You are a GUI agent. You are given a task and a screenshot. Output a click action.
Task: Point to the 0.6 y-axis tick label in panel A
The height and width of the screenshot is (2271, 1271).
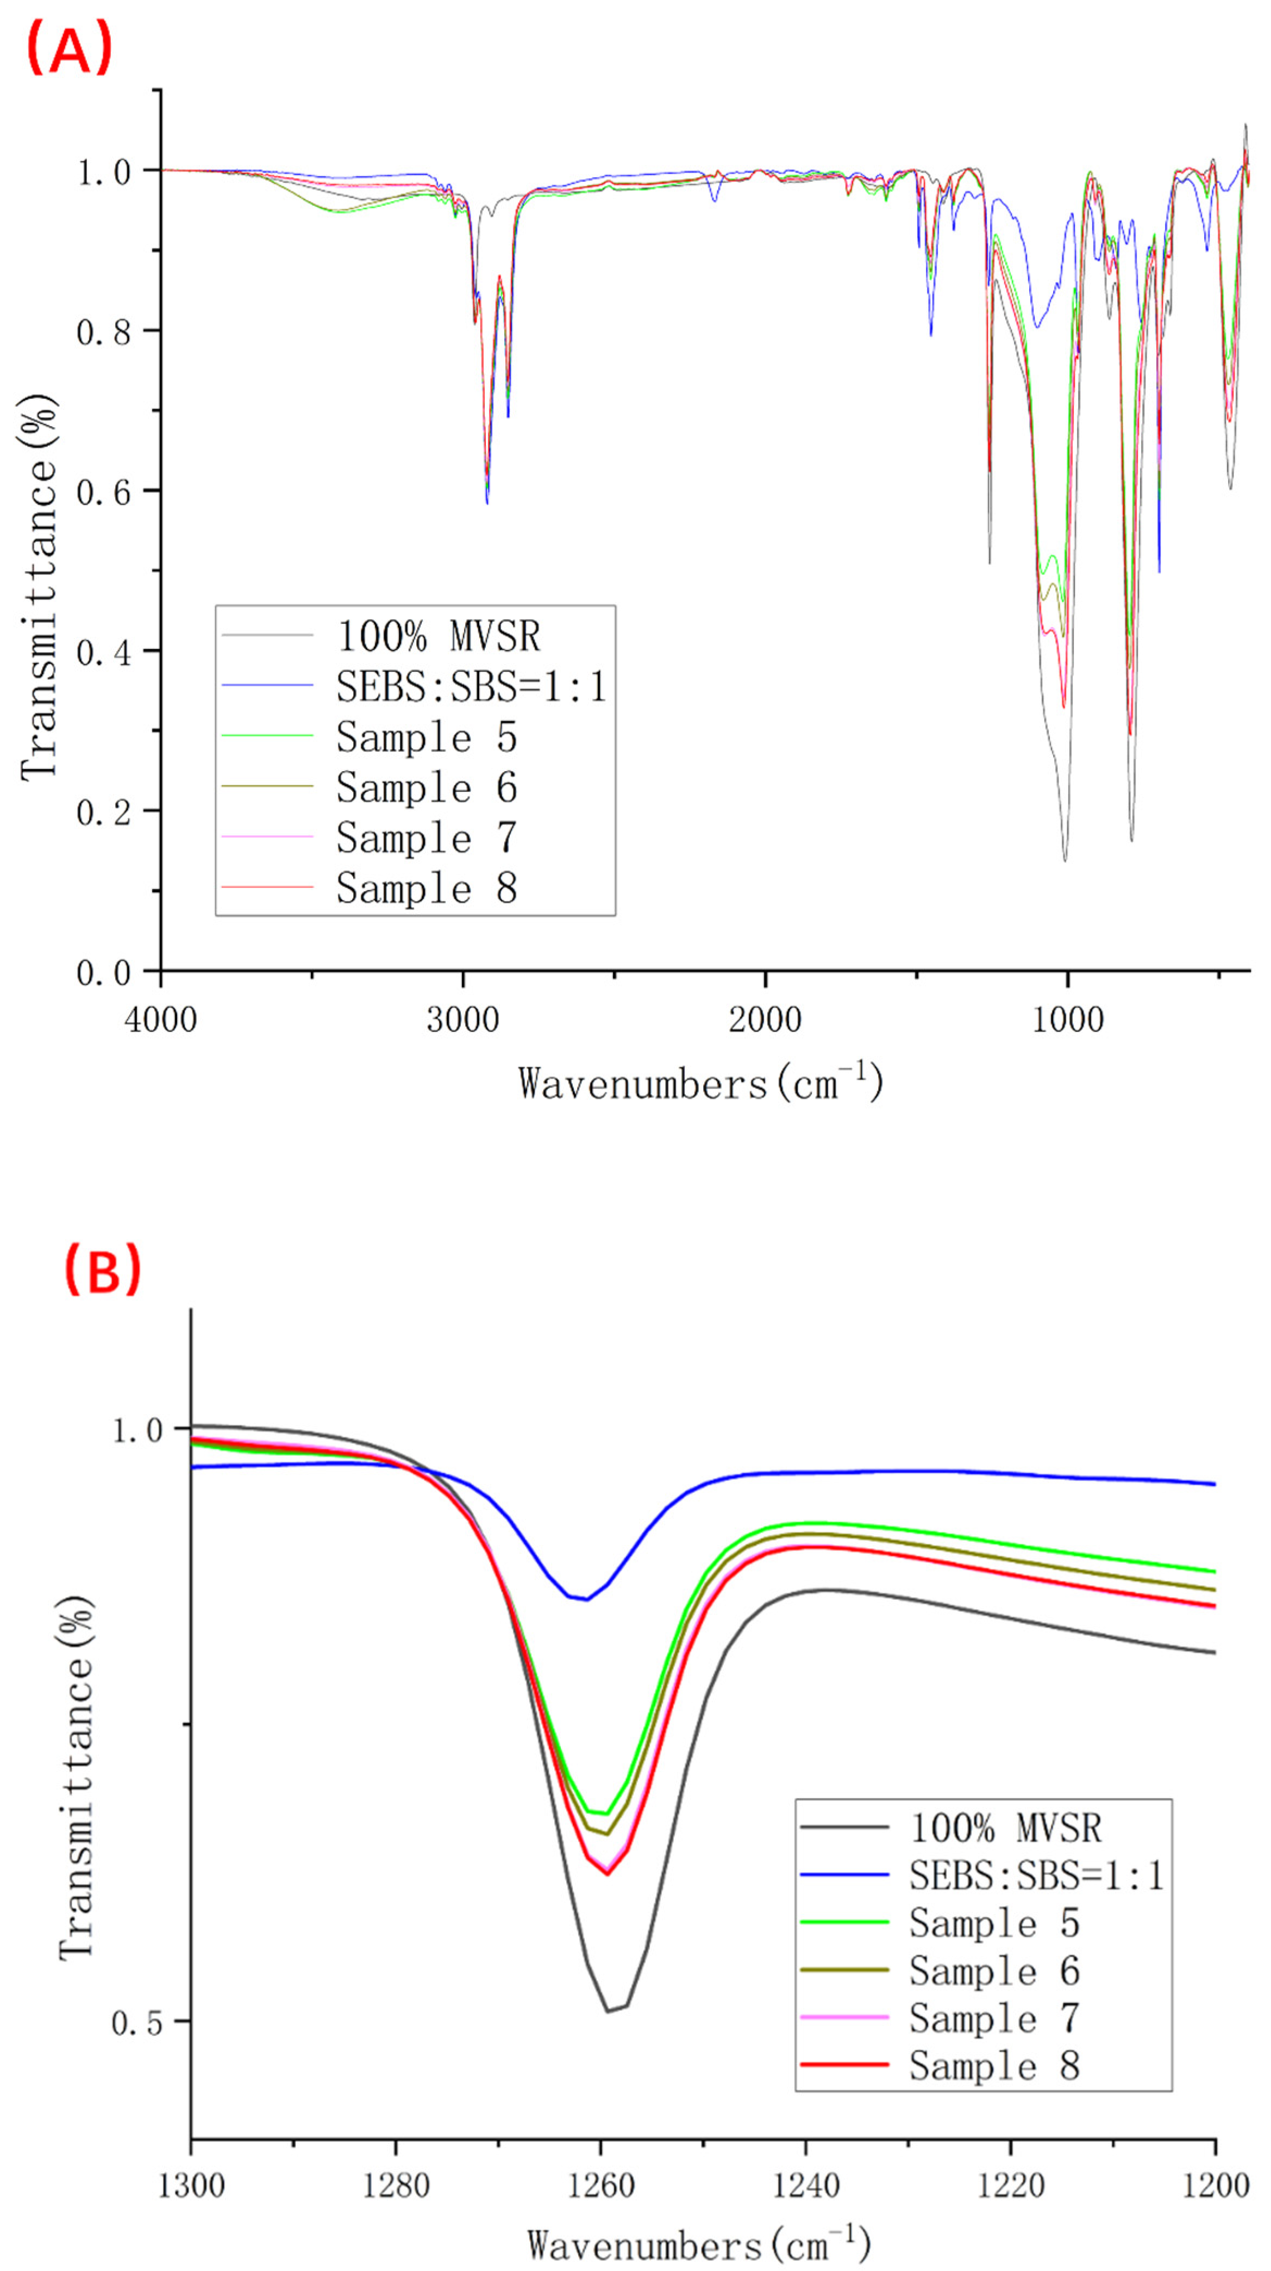tap(104, 492)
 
